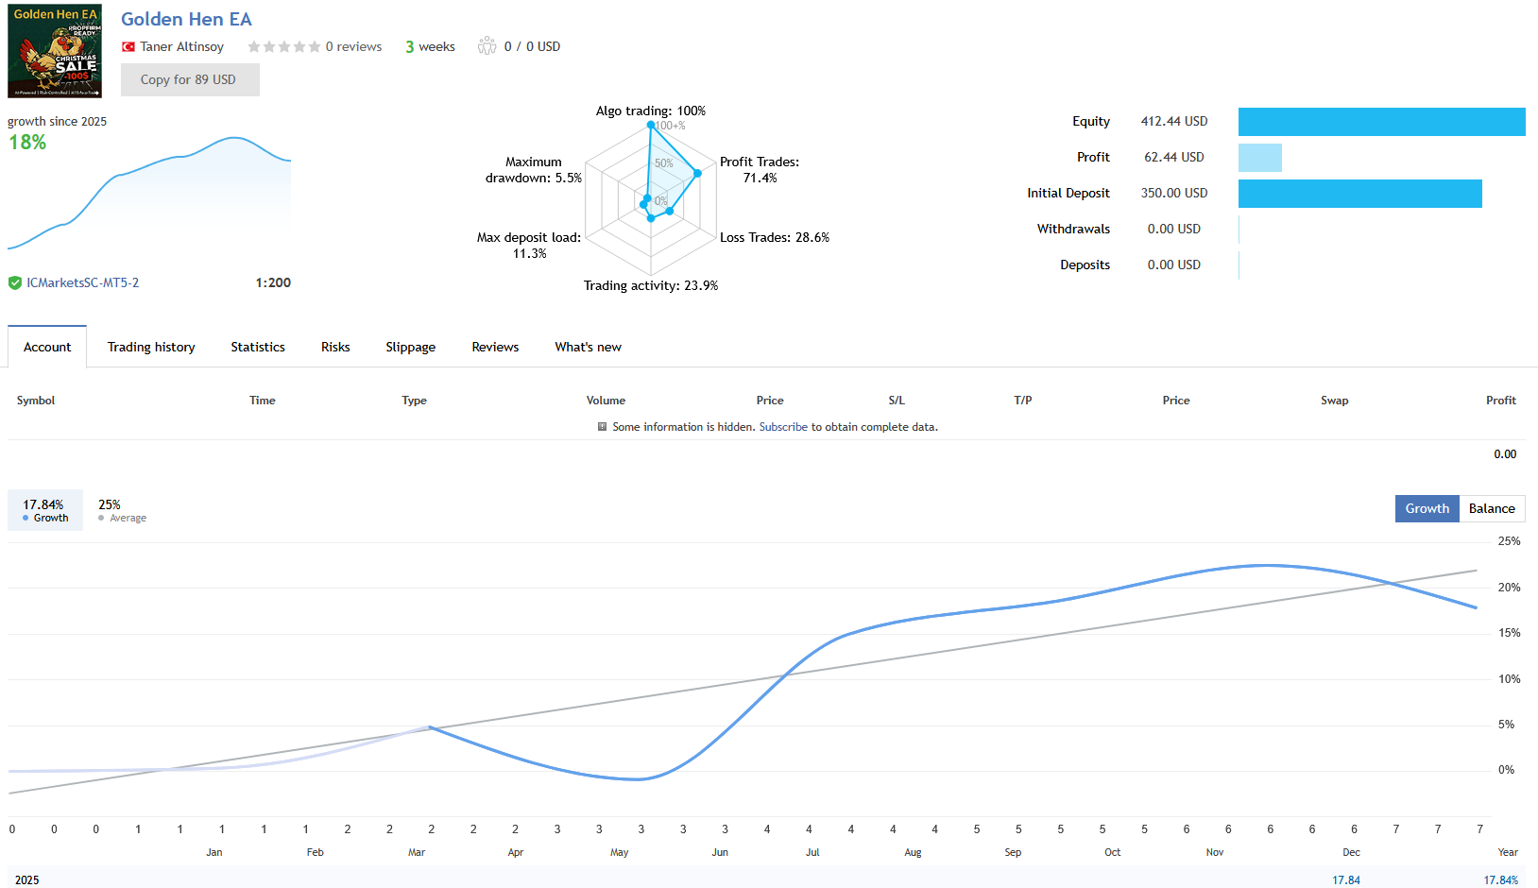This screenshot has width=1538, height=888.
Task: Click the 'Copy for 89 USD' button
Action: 189,80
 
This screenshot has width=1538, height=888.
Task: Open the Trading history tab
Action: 151,347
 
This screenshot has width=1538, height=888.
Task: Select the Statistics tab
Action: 258,347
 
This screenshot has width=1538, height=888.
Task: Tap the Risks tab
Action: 335,347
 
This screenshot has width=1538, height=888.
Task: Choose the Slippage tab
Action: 411,347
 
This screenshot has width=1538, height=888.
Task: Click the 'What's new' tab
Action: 588,347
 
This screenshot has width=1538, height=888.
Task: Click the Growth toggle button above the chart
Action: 1427,508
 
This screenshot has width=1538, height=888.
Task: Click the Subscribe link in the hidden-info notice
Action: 783,427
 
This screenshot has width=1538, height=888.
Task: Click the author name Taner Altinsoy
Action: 182,46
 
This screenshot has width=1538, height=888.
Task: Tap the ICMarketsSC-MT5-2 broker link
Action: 82,282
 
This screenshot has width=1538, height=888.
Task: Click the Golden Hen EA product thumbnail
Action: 55,51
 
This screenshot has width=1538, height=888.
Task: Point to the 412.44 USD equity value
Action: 1174,121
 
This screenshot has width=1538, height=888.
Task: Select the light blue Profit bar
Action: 1259,158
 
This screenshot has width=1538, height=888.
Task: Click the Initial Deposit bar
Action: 1359,194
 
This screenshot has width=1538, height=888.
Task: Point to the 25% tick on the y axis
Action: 1509,541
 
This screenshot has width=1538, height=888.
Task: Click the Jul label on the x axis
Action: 812,852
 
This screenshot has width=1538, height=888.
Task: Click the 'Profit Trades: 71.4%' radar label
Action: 760,170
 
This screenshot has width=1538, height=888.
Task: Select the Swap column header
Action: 1334,401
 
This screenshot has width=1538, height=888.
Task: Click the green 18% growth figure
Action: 27,143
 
